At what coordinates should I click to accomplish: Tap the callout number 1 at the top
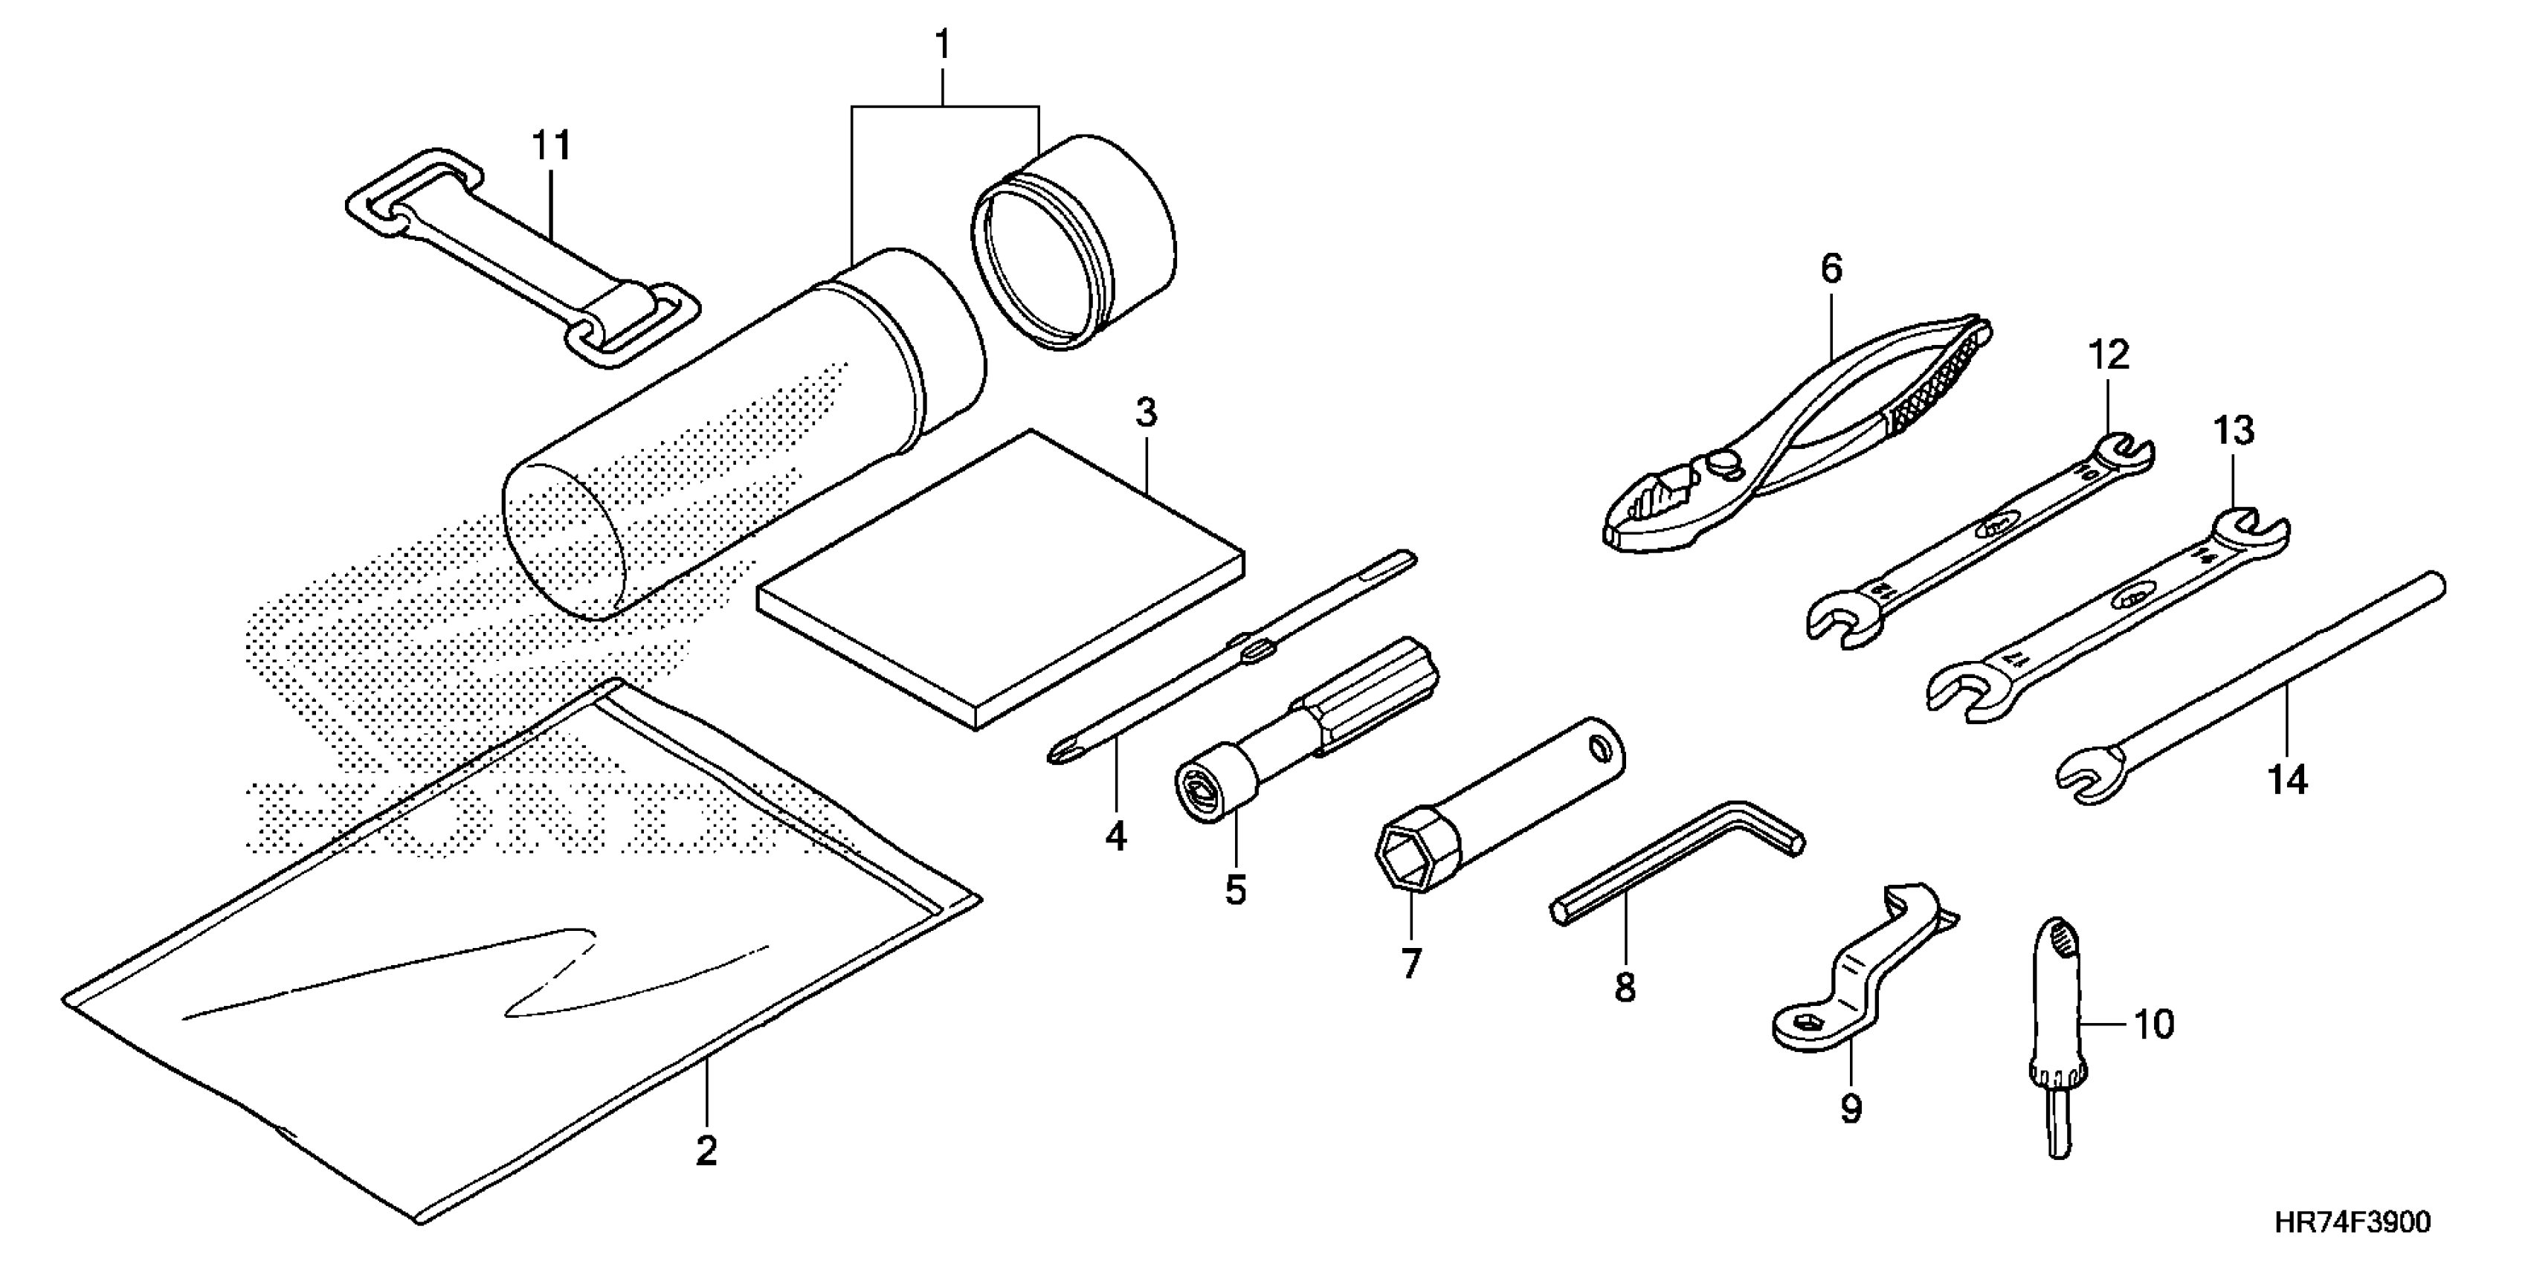942,45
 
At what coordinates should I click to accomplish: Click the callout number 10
2153,1025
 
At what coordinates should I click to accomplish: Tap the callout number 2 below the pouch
706,1150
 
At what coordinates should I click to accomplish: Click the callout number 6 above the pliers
1831,269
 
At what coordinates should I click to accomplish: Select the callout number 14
2288,780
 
